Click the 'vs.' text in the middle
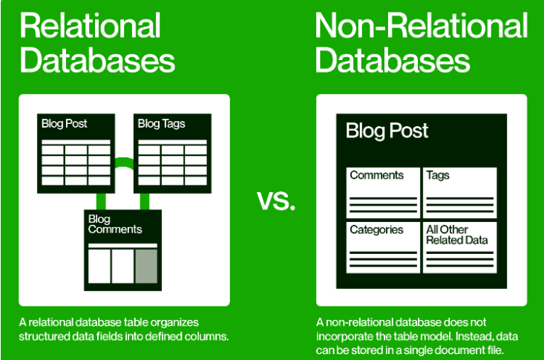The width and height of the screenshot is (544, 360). pyautogui.click(x=275, y=200)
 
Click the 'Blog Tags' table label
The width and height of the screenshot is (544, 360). pyautogui.click(x=161, y=124)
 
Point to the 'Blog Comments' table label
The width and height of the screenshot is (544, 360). pyautogui.click(x=114, y=224)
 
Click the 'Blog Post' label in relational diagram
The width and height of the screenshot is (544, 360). pyautogui.click(x=64, y=124)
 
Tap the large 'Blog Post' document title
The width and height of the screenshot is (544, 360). pyautogui.click(x=387, y=131)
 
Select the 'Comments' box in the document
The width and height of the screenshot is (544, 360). pyautogui.click(x=382, y=192)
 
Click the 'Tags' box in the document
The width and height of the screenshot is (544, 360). pyautogui.click(x=459, y=192)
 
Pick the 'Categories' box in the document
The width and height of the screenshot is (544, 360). pyautogui.click(x=382, y=246)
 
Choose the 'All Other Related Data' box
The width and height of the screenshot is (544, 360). pyautogui.click(x=459, y=246)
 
